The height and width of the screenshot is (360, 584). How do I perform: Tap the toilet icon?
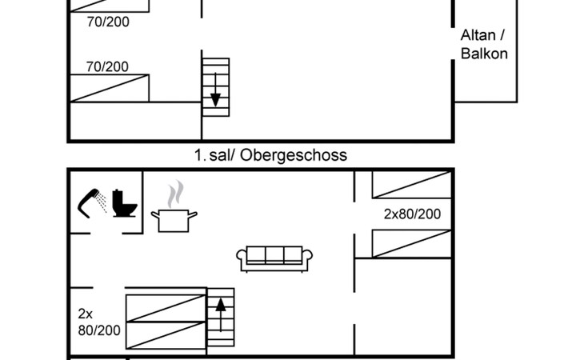pos(124,203)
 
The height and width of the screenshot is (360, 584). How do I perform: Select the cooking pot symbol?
pos(174,219)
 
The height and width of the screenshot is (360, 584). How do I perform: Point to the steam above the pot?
pos(174,194)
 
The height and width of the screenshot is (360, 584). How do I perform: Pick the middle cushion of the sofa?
pos(274,254)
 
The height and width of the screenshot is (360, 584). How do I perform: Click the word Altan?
pos(478,36)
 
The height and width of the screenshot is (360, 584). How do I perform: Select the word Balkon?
pos(484,54)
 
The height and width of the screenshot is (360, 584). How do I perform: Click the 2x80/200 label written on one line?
pos(412,214)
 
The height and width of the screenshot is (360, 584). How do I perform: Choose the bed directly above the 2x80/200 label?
pos(412,185)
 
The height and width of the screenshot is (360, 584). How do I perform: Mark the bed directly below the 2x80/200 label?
pos(412,244)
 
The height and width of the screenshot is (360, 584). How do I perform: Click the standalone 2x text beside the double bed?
pos(86,313)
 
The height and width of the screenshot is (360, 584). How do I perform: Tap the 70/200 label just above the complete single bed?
pos(107,67)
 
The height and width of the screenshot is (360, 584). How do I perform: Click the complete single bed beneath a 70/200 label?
pos(110,88)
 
